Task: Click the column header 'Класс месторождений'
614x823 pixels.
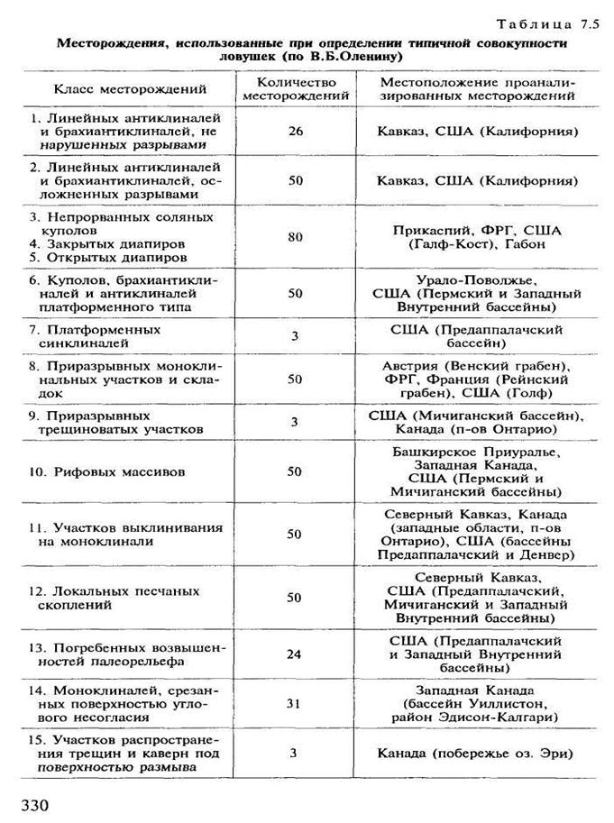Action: pos(130,88)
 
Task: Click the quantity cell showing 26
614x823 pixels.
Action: pos(296,131)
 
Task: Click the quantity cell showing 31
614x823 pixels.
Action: pos(296,703)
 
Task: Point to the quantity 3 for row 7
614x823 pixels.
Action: pos(296,336)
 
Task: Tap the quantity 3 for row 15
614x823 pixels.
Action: pos(296,752)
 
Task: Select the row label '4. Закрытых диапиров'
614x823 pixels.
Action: pos(107,243)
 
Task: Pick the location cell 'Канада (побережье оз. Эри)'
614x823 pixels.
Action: pos(476,752)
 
